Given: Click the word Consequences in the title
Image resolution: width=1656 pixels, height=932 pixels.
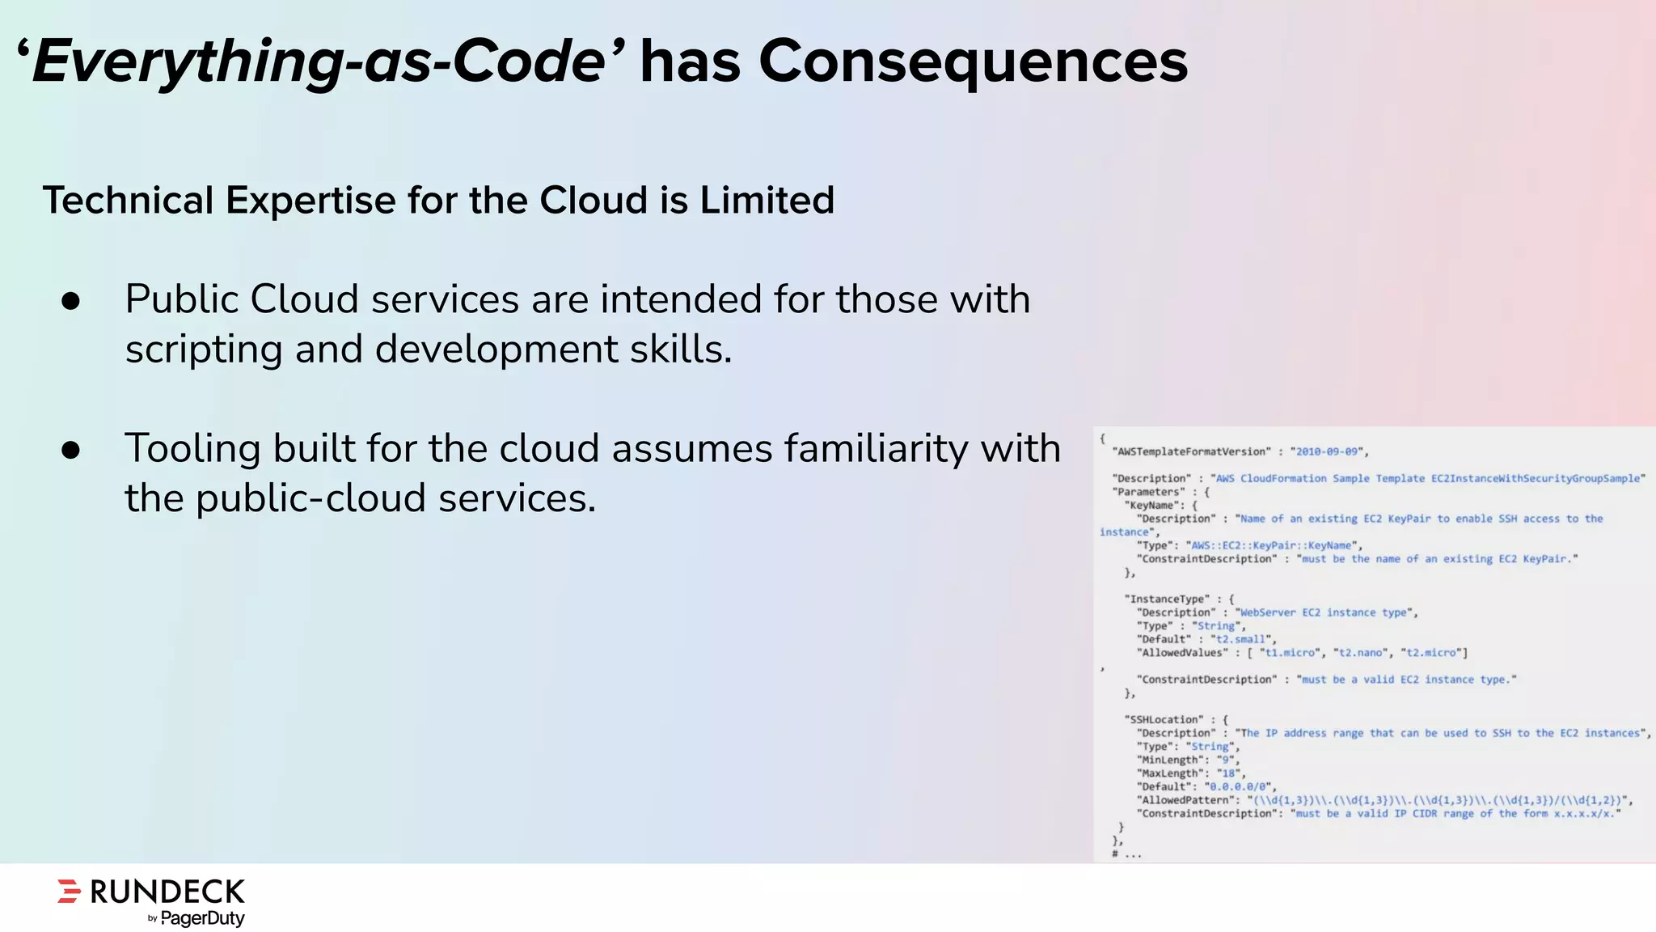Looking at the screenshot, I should (973, 61).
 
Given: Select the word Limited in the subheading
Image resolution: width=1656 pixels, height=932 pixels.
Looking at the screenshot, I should (767, 200).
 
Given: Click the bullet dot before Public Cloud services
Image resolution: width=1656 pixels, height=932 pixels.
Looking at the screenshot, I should (71, 301).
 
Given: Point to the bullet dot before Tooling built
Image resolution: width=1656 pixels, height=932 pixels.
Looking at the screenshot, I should (71, 450).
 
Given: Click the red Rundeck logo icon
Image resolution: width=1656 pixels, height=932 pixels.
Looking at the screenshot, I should (70, 891).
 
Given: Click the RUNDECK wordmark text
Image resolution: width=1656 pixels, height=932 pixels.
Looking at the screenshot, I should (167, 892).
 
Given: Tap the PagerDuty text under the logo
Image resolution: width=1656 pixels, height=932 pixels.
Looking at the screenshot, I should (202, 918).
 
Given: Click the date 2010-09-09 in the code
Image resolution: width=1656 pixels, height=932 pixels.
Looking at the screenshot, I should (1328, 451).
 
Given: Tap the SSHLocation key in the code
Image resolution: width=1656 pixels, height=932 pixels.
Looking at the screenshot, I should (1163, 719).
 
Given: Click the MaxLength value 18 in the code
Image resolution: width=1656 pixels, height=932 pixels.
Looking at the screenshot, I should (1230, 773).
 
